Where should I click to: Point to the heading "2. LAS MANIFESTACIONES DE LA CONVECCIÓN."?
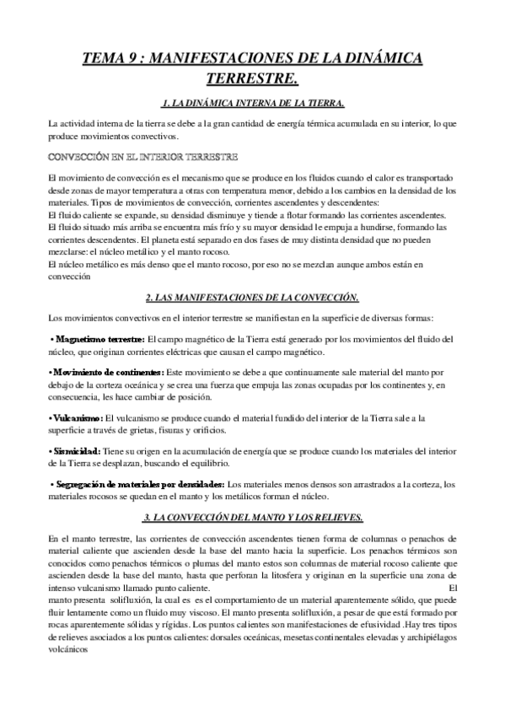click(252, 297)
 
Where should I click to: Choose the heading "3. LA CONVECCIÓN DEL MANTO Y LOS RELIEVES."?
click(252, 516)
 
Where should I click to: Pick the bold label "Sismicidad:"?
click(77, 451)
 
